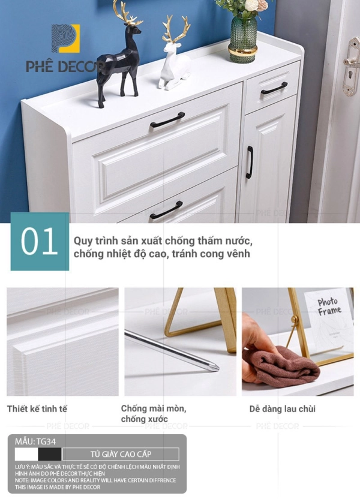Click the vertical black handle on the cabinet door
point(250,163)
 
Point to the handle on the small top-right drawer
point(274,88)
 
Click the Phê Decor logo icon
point(65,38)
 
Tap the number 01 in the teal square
point(40,241)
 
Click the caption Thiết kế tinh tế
point(37,408)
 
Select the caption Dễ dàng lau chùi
point(283,409)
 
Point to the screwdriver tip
point(218,369)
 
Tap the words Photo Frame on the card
point(329,306)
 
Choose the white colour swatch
point(26,454)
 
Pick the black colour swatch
point(50,454)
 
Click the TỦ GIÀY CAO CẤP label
point(121,454)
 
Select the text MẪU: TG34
point(35,441)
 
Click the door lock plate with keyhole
point(351,66)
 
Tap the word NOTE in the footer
point(22,480)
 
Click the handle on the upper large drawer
point(167,120)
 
